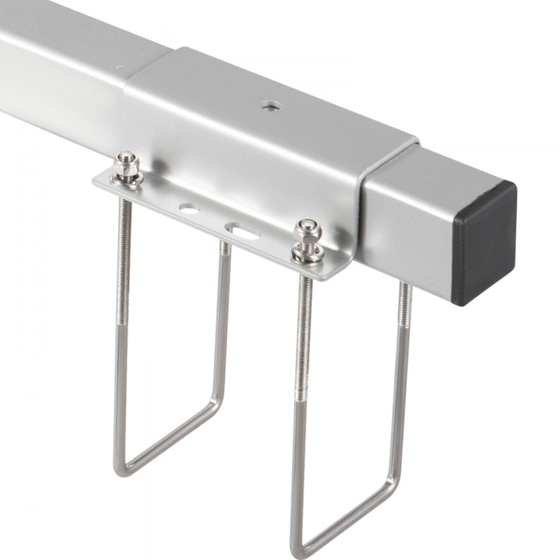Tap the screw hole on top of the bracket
270,104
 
